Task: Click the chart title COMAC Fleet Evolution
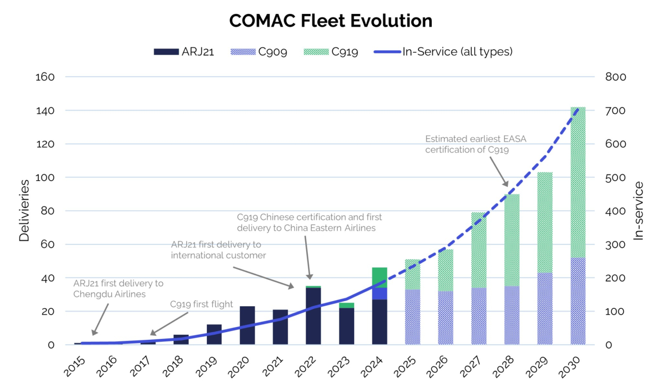coord(330,21)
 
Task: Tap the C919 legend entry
coord(332,51)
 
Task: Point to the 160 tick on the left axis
coord(45,77)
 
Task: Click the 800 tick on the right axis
coord(616,77)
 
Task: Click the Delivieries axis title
coord(24,211)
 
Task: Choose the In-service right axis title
coord(639,211)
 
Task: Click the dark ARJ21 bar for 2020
coord(247,325)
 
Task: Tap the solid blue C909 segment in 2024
coord(380,293)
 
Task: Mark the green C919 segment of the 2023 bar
coord(347,305)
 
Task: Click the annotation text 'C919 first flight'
coord(202,304)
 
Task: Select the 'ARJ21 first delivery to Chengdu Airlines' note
coord(118,289)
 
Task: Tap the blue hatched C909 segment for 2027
coord(479,316)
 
